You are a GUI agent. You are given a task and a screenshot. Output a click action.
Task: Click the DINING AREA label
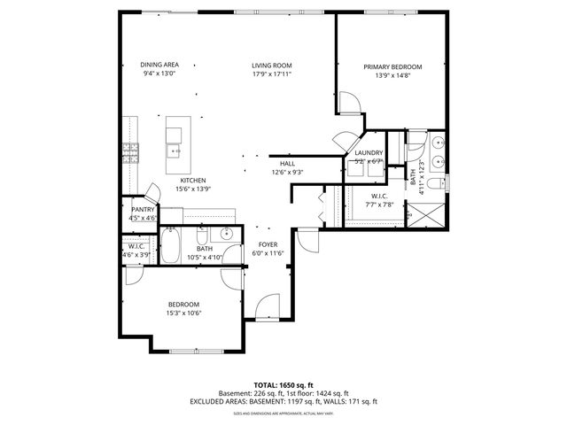pos(159,66)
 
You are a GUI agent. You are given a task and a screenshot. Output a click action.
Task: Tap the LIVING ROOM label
pos(271,66)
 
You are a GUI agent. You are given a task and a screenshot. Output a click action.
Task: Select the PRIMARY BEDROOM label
pos(392,67)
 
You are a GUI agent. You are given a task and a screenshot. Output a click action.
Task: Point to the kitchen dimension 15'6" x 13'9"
pos(192,189)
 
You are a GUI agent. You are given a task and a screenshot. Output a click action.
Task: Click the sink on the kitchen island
pos(175,151)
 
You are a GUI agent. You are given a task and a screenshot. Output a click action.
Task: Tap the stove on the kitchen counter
pos(130,150)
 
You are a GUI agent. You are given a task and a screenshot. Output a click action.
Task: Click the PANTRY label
pos(143,209)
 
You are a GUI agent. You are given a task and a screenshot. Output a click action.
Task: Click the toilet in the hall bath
pos(203,238)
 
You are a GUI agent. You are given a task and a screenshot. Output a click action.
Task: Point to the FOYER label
pos(268,244)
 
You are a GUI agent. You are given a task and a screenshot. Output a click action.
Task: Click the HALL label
pos(287,164)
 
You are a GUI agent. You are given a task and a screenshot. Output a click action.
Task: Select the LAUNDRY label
pos(369,153)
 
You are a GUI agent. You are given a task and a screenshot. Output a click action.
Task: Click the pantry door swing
pos(152,191)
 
